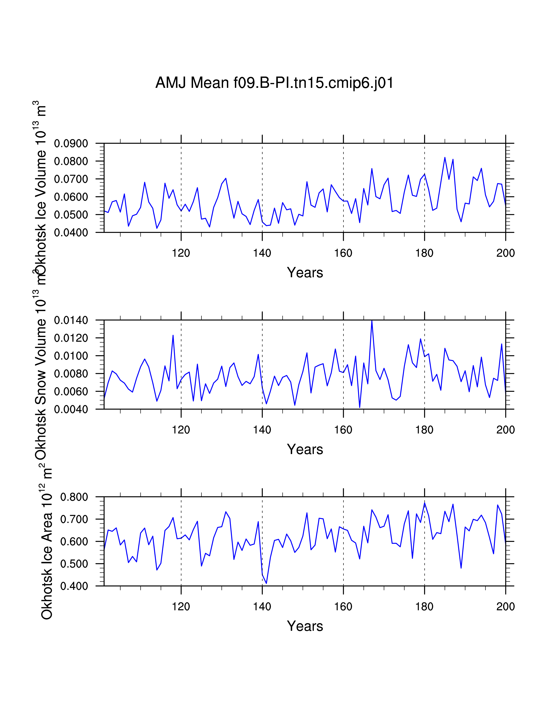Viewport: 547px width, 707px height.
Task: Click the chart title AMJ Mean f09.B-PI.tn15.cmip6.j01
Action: point(274,83)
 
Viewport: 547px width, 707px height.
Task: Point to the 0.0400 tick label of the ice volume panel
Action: point(71,232)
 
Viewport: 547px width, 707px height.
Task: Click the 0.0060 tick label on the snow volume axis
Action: point(71,391)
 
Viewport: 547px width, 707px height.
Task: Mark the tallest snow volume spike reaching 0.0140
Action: point(372,321)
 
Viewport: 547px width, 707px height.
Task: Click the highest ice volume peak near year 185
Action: point(445,158)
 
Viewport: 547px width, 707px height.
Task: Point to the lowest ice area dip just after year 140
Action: point(266,583)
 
